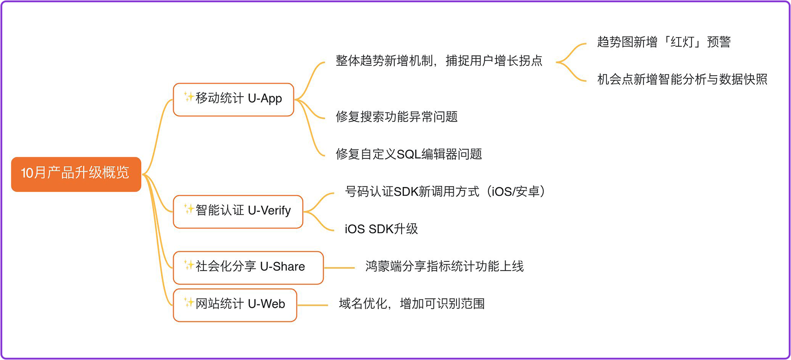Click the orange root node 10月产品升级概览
point(76,174)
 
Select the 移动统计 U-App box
point(233,99)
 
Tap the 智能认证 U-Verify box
point(238,211)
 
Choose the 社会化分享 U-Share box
point(248,267)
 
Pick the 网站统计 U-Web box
point(235,305)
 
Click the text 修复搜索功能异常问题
point(396,117)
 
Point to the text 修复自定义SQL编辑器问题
point(408,154)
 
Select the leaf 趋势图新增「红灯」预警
point(663,42)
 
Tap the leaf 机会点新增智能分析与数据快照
point(682,80)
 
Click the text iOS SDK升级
point(381,229)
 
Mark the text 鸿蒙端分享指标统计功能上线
point(444,267)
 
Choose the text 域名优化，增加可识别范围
point(411,304)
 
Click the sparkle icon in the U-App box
point(188,97)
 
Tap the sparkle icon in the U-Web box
point(188,303)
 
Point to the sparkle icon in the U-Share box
point(188,265)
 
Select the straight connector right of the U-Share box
point(339,268)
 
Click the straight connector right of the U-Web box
point(312,305)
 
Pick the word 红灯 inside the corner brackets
point(682,42)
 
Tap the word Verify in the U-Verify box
point(276,211)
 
